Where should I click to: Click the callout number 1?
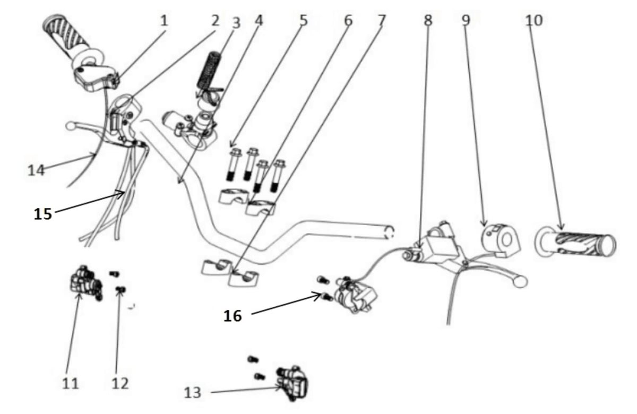[164, 21]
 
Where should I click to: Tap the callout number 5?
[304, 20]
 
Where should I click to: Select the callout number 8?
[428, 20]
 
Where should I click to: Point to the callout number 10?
[534, 21]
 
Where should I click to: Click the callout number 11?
[70, 384]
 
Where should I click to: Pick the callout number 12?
[120, 384]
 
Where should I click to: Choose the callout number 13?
[193, 393]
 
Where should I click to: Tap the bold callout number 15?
[43, 214]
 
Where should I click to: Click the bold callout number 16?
[233, 316]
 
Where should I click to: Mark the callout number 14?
[37, 170]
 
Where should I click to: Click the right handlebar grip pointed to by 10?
[575, 241]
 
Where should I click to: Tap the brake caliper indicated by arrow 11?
[86, 283]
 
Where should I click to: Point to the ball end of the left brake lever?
[70, 126]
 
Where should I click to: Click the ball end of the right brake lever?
[520, 282]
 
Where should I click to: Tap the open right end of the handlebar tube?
[390, 232]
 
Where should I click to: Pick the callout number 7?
[381, 20]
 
